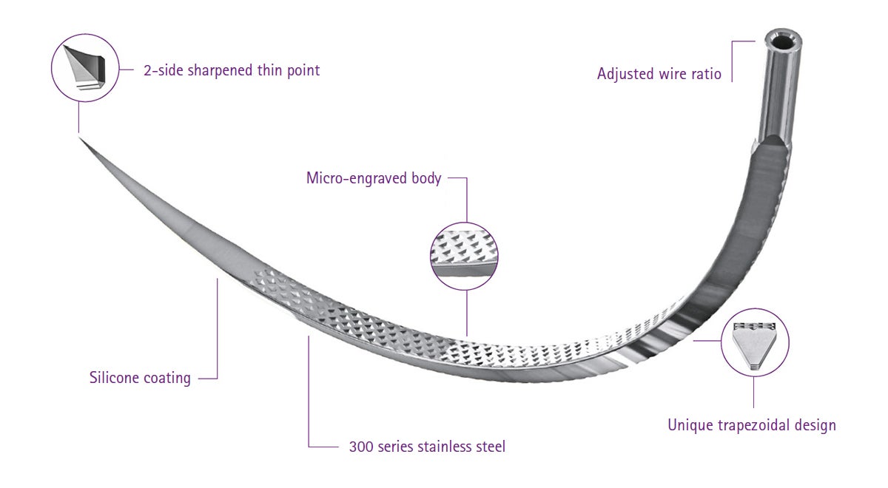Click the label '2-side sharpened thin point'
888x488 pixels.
click(232, 70)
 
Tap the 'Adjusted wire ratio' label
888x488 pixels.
click(659, 74)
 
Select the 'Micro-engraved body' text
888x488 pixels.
click(374, 178)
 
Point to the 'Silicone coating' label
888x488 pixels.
click(140, 378)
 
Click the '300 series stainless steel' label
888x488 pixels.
click(427, 447)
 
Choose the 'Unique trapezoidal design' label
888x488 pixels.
click(752, 425)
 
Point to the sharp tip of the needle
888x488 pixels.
click(80, 138)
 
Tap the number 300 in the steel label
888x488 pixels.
click(361, 447)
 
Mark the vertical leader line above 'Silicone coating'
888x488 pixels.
click(218, 328)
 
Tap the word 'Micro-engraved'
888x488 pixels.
click(357, 178)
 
